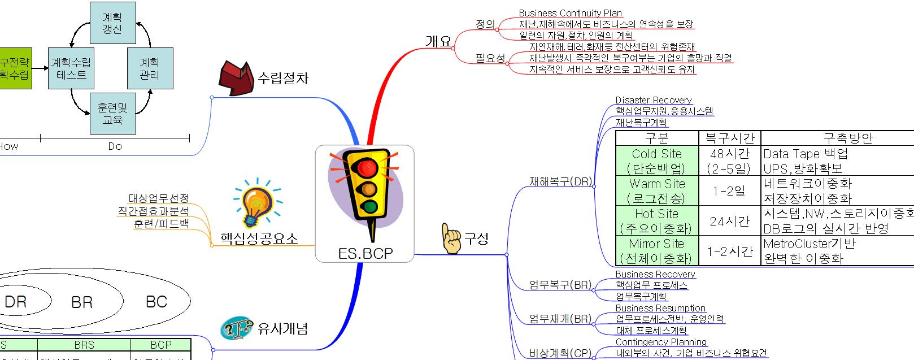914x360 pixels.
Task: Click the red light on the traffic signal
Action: pyautogui.click(x=367, y=166)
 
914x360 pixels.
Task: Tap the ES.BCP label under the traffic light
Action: pyautogui.click(x=365, y=253)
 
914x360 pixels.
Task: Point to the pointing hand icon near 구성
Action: pyautogui.click(x=451, y=238)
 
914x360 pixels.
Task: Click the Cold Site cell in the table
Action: pyautogui.click(x=656, y=161)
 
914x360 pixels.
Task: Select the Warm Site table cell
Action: pyautogui.click(x=656, y=191)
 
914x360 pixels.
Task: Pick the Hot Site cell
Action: pyautogui.click(x=656, y=221)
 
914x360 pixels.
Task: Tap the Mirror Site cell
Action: pyautogui.click(x=656, y=251)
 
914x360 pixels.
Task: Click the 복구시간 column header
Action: pyautogui.click(x=729, y=138)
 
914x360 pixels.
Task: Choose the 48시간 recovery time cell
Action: pyautogui.click(x=729, y=161)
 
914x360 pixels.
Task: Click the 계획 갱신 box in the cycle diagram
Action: pyautogui.click(x=113, y=23)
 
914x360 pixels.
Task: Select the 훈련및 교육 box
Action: pyautogui.click(x=113, y=114)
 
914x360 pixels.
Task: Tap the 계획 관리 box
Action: pyautogui.click(x=150, y=68)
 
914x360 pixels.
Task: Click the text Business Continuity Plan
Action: pyautogui.click(x=570, y=13)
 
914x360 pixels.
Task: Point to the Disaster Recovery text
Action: pyautogui.click(x=653, y=100)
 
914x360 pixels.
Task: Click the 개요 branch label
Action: pyautogui.click(x=438, y=41)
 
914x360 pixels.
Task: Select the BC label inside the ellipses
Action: pyautogui.click(x=156, y=302)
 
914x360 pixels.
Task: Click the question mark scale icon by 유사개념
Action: pyautogui.click(x=236, y=328)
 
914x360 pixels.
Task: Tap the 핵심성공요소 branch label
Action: pyautogui.click(x=259, y=238)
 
